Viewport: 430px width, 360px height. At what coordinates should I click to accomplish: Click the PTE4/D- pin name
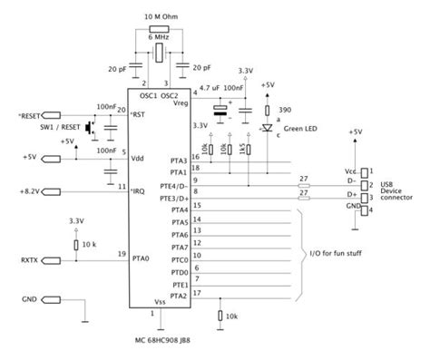(x=177, y=185)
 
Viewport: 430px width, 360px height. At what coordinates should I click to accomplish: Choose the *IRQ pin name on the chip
(x=139, y=190)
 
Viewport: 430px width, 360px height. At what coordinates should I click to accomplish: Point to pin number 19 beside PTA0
(x=120, y=254)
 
